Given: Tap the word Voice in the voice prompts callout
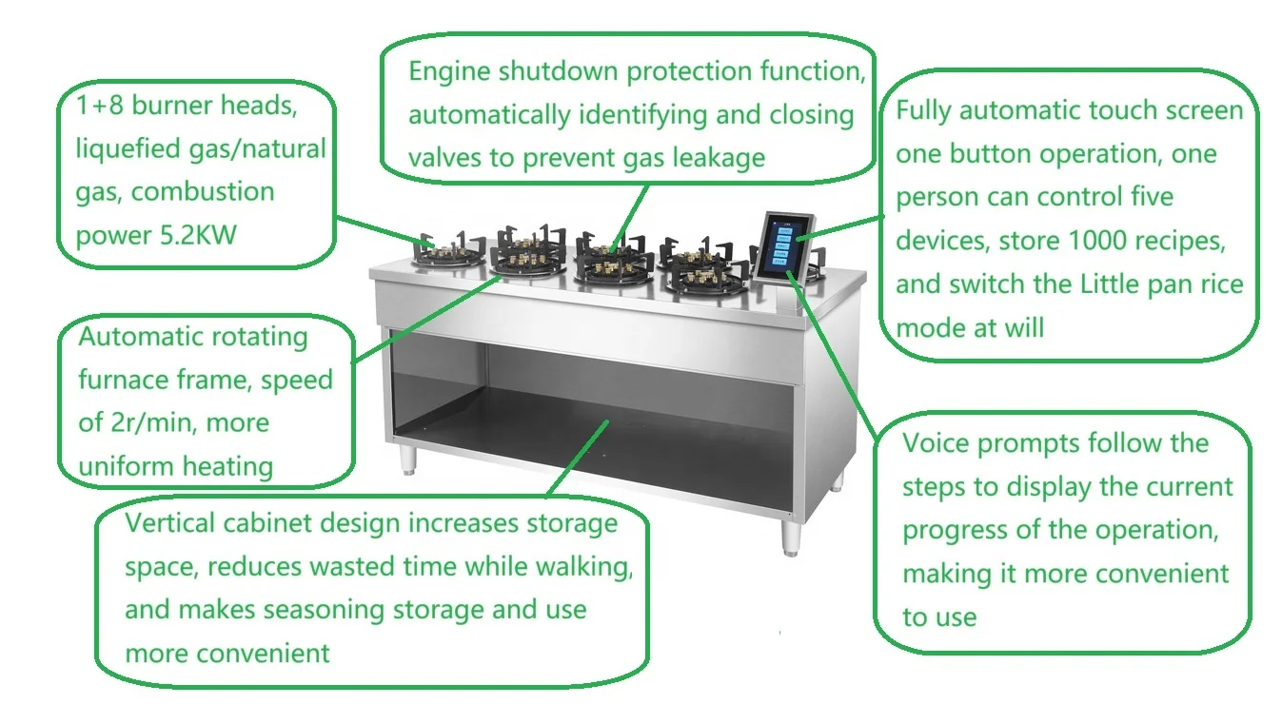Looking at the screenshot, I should pyautogui.click(x=937, y=443).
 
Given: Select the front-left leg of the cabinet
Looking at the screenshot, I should pyautogui.click(x=409, y=457).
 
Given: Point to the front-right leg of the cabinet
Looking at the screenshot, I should pyautogui.click(x=791, y=536).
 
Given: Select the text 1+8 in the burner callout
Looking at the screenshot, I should pyautogui.click(x=100, y=105).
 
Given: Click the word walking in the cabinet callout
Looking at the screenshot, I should pyautogui.click(x=584, y=567).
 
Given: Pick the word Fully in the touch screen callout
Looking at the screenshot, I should pyautogui.click(x=924, y=111).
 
